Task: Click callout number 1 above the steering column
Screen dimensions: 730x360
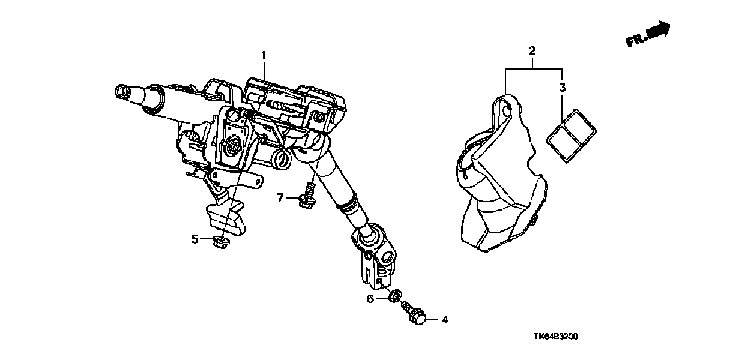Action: pos(262,56)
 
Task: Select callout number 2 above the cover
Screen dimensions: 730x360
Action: pos(532,50)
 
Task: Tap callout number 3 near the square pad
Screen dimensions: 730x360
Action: pos(562,88)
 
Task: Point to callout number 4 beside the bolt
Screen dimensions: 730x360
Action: pos(444,320)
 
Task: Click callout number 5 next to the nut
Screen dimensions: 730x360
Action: pos(195,239)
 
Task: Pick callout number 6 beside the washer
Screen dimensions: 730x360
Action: pos(370,298)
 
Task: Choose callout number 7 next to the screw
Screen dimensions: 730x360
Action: pos(280,197)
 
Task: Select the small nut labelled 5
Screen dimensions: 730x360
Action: pos(219,242)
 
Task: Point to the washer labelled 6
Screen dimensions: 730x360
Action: pos(394,296)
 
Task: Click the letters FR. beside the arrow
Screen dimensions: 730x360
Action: pos(635,40)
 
